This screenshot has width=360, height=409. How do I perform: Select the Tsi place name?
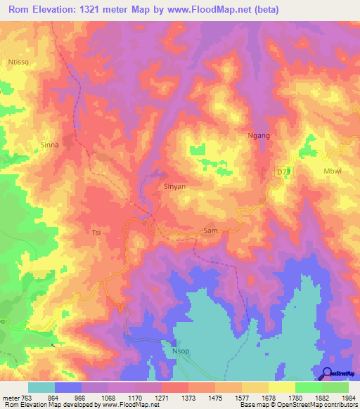(97, 231)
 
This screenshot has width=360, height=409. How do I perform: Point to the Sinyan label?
(174, 187)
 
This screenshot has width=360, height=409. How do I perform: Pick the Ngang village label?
(259, 136)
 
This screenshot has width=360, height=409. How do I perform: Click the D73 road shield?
(283, 171)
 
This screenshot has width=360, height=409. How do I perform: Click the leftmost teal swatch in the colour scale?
(41, 387)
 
